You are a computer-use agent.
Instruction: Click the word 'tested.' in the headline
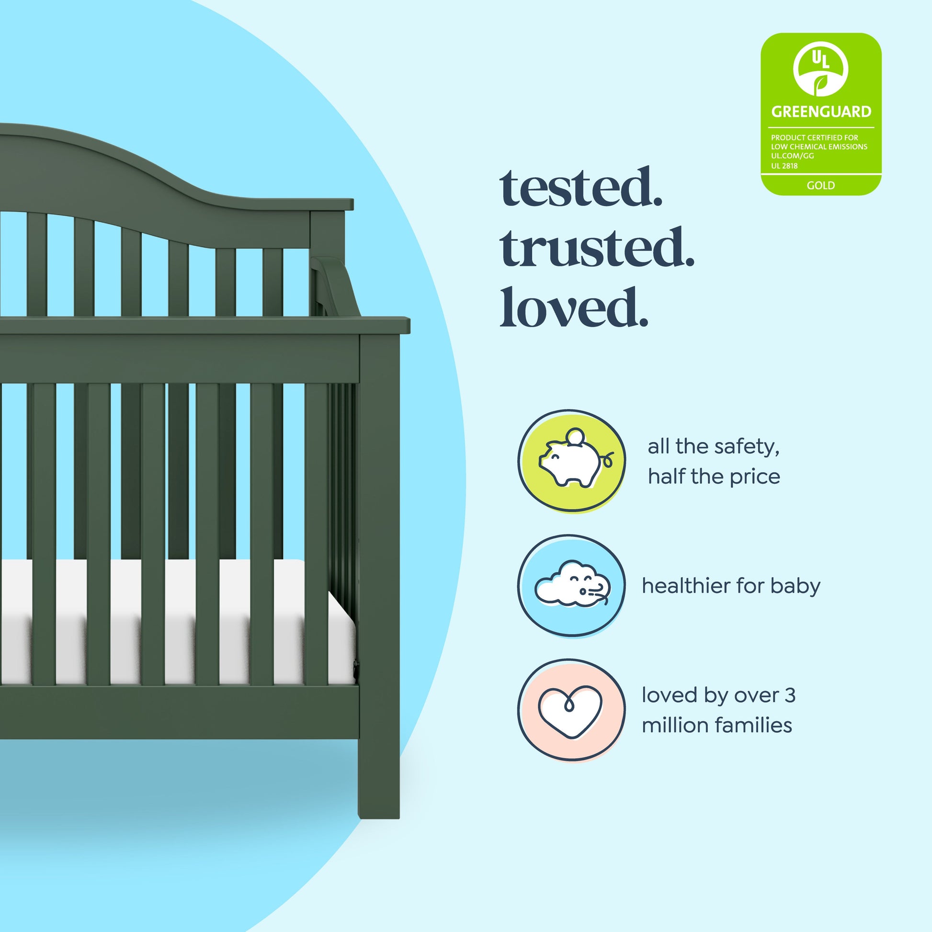point(581,188)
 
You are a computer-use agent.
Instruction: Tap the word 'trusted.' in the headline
point(597,247)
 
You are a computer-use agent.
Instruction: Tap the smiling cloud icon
point(572,584)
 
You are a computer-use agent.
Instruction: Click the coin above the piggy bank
point(575,436)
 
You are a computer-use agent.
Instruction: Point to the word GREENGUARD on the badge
point(821,112)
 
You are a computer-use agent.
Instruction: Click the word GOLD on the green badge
point(820,185)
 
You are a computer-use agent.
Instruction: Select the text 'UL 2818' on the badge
point(784,166)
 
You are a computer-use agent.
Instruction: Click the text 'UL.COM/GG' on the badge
point(792,156)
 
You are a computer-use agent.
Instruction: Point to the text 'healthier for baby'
point(731,586)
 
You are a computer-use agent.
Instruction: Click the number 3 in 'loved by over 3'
point(790,695)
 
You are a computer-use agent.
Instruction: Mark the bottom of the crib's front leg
point(379,817)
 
